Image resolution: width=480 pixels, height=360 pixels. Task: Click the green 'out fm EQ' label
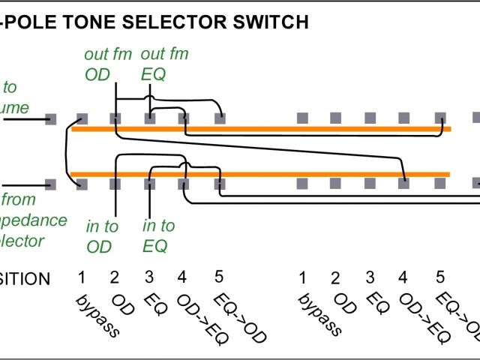pos(164,64)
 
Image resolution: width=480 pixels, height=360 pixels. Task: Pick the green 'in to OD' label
pos(102,236)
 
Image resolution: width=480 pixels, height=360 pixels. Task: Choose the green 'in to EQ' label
pos(158,236)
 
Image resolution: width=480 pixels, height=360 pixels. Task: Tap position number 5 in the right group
pos(441,277)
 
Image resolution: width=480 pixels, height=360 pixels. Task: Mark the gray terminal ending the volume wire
pos(51,118)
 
